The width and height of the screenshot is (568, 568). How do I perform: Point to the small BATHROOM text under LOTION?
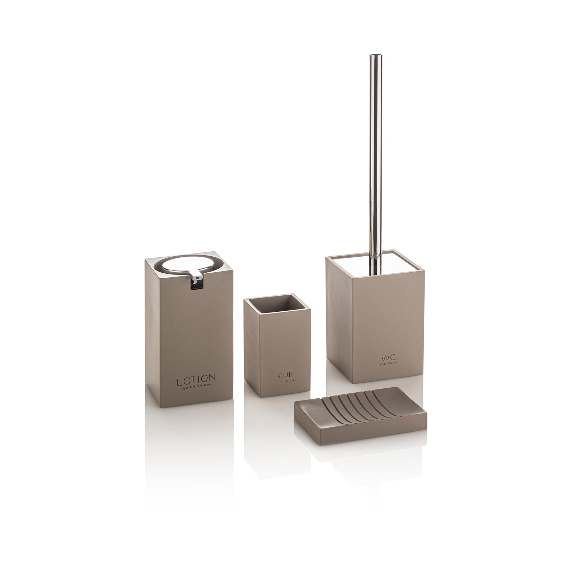(x=196, y=389)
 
